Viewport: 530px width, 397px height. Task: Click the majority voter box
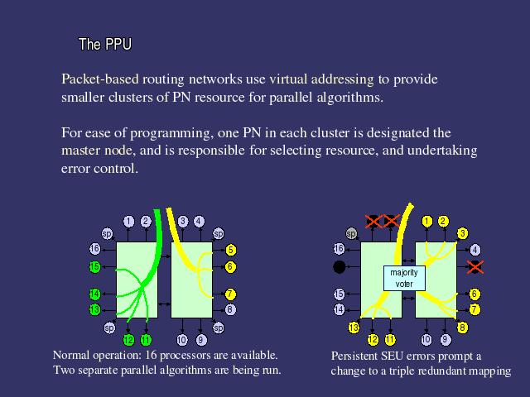[404, 278]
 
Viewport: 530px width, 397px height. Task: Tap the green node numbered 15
[95, 266]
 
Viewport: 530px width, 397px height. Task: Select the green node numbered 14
[95, 294]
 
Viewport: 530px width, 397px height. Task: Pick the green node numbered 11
[146, 339]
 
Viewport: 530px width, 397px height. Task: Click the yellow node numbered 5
[230, 249]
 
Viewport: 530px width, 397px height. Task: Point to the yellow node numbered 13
[354, 328]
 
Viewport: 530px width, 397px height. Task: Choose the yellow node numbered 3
[462, 234]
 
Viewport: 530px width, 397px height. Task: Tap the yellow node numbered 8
[462, 328]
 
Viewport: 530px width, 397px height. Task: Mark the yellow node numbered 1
[427, 221]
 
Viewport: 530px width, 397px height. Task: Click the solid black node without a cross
[339, 267]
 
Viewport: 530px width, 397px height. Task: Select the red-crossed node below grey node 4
[475, 266]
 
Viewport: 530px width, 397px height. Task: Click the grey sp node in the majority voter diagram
[351, 234]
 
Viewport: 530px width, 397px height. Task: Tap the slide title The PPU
[104, 44]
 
